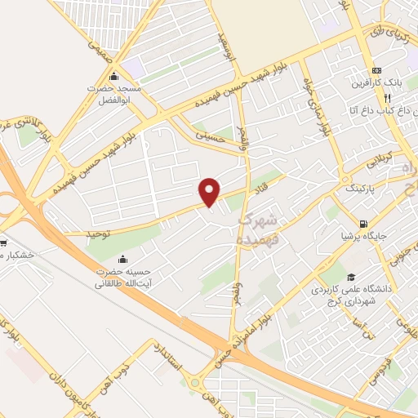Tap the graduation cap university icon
pyautogui.click(x=351, y=277)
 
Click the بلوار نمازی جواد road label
pyautogui.click(x=318, y=113)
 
